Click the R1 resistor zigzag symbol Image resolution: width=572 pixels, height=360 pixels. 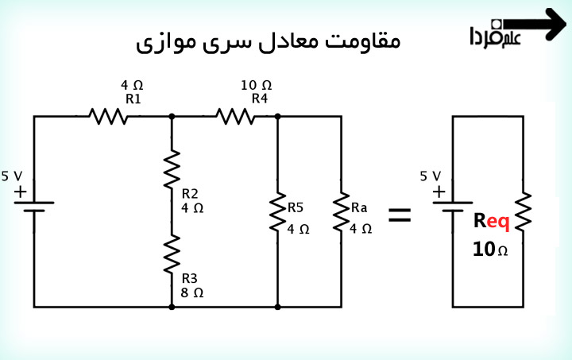point(109,117)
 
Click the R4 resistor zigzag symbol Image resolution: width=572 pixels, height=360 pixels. point(235,117)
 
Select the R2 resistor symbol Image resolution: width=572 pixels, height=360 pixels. point(172,171)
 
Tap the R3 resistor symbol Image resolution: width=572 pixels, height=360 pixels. point(172,253)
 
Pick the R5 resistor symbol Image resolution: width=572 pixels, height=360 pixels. point(278,212)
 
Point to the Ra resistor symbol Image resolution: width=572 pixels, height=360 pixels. point(342,212)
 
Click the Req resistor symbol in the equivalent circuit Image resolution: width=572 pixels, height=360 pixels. point(524,212)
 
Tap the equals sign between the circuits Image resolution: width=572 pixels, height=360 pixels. point(399,214)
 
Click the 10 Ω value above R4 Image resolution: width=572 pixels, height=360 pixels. point(256,84)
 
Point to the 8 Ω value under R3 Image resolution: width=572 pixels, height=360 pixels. point(192,292)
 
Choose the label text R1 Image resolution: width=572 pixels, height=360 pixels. point(133,99)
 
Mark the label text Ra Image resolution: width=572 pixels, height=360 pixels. point(360,208)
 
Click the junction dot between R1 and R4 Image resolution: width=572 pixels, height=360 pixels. point(172,117)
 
